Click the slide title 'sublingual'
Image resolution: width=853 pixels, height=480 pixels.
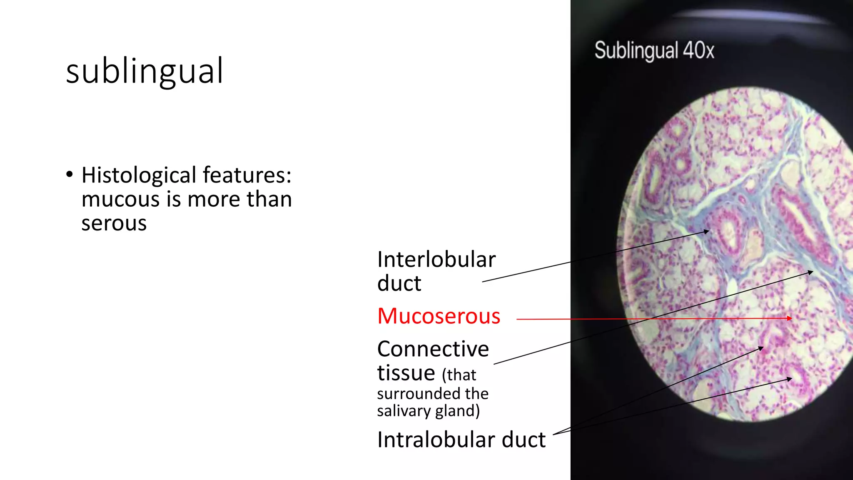(145, 71)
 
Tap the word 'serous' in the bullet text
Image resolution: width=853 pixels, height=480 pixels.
(114, 223)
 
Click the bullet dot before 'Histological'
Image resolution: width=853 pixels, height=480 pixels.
(70, 174)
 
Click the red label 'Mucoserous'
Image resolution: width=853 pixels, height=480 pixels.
(439, 316)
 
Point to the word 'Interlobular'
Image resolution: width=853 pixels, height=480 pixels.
(436, 260)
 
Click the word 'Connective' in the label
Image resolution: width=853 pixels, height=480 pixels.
(433, 349)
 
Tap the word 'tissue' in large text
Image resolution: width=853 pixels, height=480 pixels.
(406, 372)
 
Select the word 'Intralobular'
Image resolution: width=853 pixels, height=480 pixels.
(436, 440)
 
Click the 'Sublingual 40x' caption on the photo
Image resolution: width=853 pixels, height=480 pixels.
(654, 51)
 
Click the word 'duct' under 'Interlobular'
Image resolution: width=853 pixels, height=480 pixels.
(399, 284)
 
